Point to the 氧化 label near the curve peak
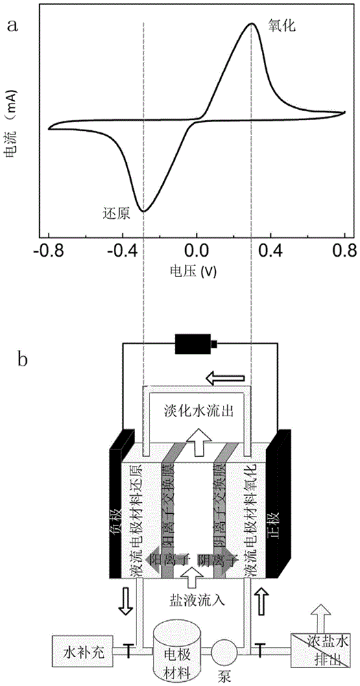282,26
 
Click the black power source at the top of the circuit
195,344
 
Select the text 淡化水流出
199,410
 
